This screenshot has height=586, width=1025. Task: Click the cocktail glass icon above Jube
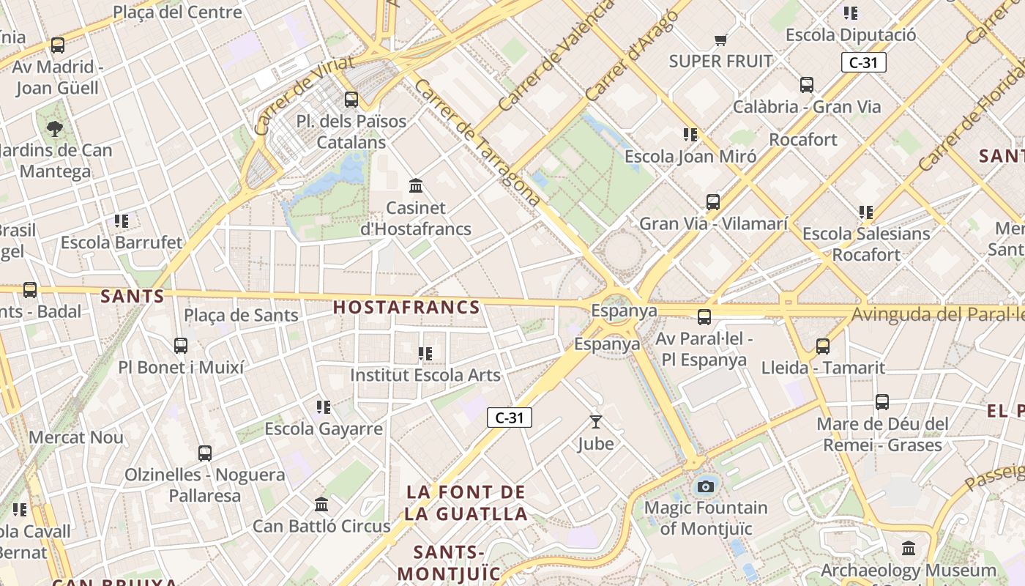596,422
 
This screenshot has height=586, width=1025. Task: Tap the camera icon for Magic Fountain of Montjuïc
705,486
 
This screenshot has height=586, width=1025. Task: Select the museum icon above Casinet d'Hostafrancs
416,185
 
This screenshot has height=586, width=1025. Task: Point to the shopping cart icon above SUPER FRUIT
721,40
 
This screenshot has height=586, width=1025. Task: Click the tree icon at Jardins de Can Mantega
54,130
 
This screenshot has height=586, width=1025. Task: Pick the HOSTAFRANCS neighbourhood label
406,308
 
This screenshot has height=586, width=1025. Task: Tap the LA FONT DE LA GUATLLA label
466,502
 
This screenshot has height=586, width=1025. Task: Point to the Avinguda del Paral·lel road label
937,315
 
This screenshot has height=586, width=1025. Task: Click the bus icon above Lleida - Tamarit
823,346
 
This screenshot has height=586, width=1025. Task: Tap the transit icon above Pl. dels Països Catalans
351,100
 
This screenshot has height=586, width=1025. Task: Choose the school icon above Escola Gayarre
324,407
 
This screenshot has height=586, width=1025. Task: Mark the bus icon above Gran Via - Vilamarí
713,202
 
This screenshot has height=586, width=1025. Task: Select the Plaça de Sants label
241,316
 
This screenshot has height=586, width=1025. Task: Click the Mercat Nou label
76,438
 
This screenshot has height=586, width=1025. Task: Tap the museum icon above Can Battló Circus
321,505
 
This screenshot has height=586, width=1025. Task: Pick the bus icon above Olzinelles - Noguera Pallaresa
205,453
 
